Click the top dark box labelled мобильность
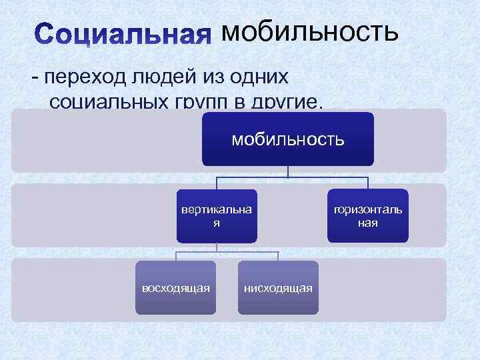pyautogui.click(x=288, y=139)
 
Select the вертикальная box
pyautogui.click(x=217, y=216)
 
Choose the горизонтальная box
pyautogui.click(x=367, y=216)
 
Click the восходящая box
pyautogui.click(x=175, y=287)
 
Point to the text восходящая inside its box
pyautogui.click(x=175, y=287)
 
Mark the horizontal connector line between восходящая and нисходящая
pyautogui.click(x=227, y=253)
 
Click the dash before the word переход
pyautogui.click(x=34, y=77)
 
